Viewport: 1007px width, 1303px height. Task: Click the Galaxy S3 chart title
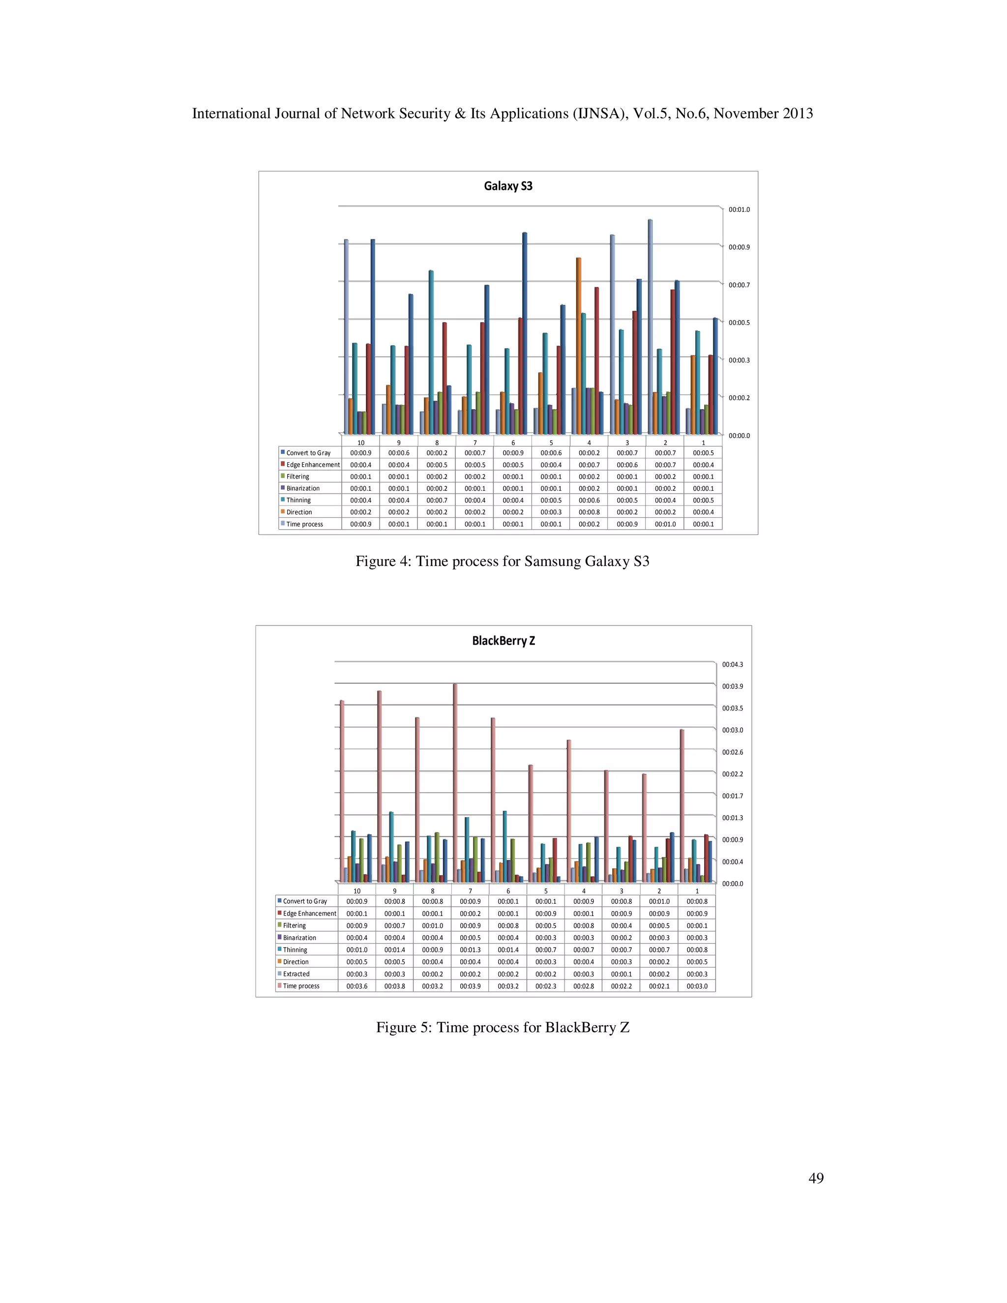coord(507,186)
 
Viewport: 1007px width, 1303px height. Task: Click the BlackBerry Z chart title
coord(503,641)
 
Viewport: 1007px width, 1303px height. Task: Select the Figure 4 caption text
coord(503,562)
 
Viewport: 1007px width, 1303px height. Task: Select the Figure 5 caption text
coord(503,1027)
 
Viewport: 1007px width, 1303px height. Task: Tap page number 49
coord(816,1178)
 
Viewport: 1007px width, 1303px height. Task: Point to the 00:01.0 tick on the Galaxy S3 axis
coord(739,210)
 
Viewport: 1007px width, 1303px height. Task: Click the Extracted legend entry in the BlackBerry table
coord(296,974)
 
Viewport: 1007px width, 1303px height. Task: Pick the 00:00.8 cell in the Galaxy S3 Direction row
coord(589,512)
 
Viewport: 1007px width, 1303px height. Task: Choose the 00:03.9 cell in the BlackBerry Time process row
coord(470,986)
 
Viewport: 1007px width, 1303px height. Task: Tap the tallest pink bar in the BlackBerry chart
coord(455,782)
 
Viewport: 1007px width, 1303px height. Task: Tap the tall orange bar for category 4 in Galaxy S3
coord(579,346)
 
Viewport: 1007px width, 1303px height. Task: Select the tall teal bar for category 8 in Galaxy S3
coord(431,352)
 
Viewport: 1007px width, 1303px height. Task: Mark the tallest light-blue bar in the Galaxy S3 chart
coord(650,327)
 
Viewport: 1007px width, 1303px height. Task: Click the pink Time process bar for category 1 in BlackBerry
coord(682,805)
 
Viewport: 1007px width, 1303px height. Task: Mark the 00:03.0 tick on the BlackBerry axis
coord(733,730)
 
